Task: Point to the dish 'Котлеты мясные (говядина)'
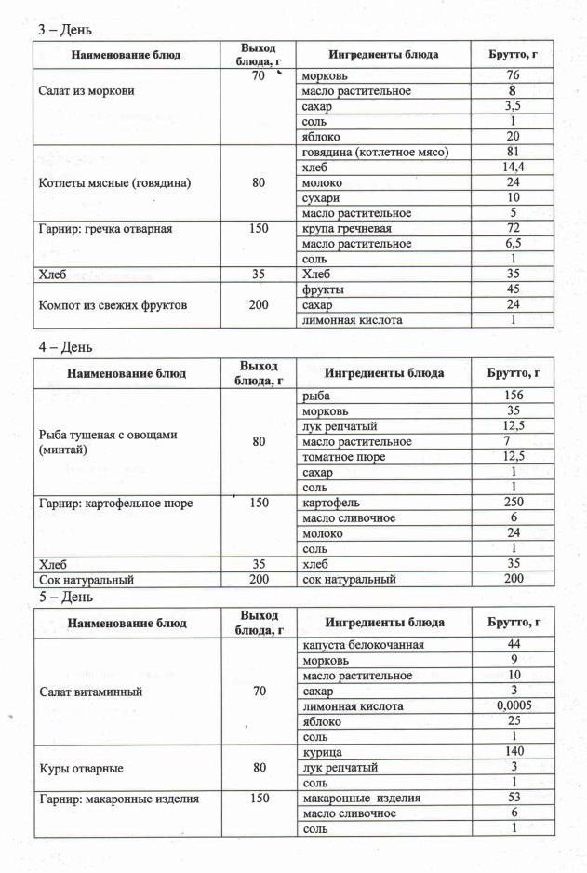114,183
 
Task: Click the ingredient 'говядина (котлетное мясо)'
376,152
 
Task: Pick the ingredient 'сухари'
322,198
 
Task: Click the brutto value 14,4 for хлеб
512,168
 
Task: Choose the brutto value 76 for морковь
512,75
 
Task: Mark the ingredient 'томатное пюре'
343,457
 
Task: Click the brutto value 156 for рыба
512,396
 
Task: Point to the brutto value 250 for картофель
512,503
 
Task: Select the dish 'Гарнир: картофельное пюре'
115,503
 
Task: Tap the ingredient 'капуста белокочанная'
363,645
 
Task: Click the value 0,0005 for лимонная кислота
512,706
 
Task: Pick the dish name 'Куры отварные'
82,768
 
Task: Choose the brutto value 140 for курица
512,752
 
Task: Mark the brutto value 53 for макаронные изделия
512,798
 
